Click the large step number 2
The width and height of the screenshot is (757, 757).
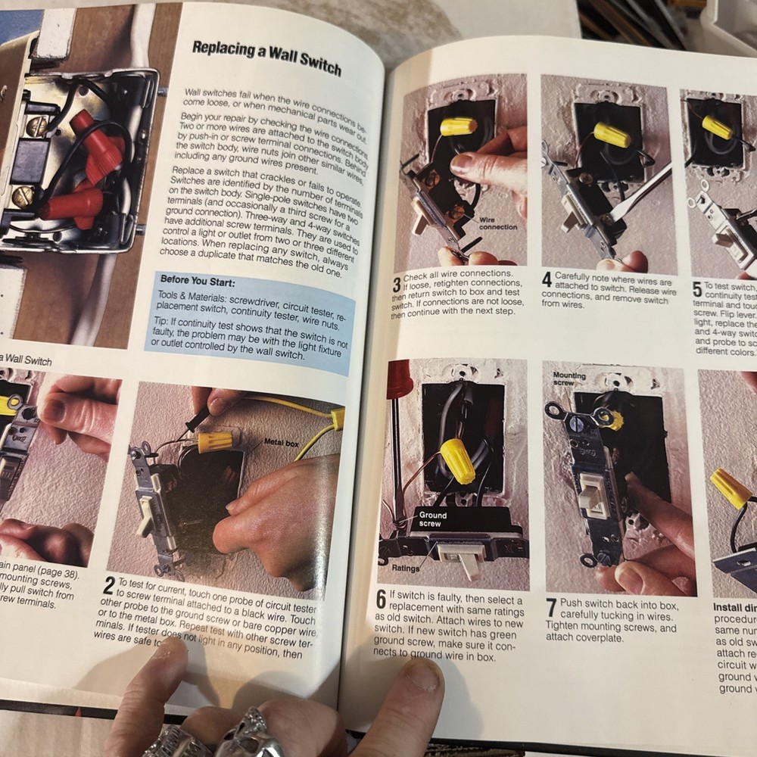point(110,587)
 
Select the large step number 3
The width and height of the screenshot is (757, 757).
point(397,285)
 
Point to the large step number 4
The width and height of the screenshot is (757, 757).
point(547,279)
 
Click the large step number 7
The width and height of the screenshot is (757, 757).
point(552,607)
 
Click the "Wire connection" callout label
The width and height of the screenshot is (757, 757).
point(498,223)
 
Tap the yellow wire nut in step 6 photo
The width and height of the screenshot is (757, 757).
point(458,460)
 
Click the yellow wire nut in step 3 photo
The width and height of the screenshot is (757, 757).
point(459,126)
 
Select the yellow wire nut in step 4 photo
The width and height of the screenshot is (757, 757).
point(612,135)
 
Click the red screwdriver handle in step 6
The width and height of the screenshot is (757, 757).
point(399,378)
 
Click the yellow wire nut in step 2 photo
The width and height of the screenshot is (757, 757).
point(215,441)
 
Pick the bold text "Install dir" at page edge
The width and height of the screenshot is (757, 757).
point(734,607)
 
